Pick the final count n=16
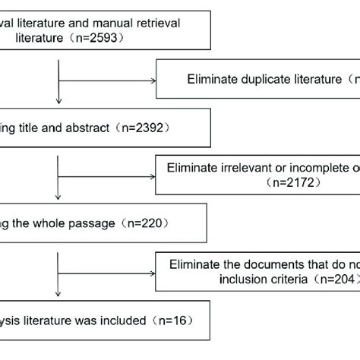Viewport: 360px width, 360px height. tap(169, 320)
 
